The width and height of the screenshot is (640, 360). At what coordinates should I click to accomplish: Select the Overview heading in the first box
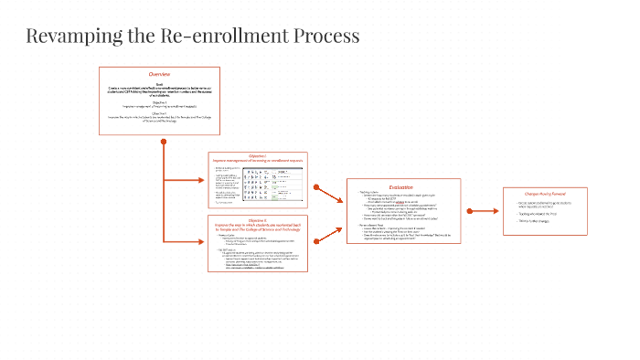pyautogui.click(x=159, y=74)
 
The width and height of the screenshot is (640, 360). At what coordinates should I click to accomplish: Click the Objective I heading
pyautogui.click(x=257, y=156)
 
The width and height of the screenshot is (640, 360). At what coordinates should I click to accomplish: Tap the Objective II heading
pyautogui.click(x=257, y=221)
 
